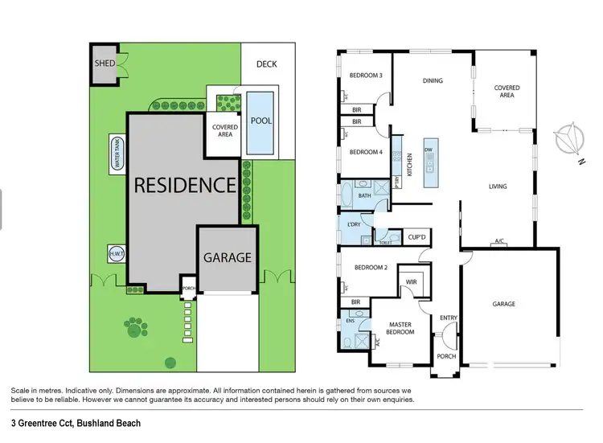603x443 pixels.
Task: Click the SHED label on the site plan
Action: (105, 64)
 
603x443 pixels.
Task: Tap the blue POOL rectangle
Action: (261, 122)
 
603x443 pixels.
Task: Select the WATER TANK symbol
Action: (117, 152)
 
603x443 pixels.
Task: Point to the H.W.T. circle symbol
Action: (114, 253)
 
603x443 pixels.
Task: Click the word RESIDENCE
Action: (184, 185)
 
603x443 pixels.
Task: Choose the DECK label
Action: (267, 64)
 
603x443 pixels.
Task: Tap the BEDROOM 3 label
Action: (365, 76)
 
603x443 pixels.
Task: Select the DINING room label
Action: (433, 80)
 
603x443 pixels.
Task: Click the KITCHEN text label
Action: (409, 165)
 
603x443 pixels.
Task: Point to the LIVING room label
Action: (498, 187)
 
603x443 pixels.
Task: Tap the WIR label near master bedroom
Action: (411, 282)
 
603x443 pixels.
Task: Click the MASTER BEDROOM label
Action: (400, 328)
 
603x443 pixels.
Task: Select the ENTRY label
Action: (448, 318)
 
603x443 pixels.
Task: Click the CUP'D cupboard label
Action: (416, 237)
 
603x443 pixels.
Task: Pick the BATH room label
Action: (364, 195)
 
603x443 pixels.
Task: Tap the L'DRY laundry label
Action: (352, 224)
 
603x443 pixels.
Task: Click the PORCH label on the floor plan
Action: (446, 356)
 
